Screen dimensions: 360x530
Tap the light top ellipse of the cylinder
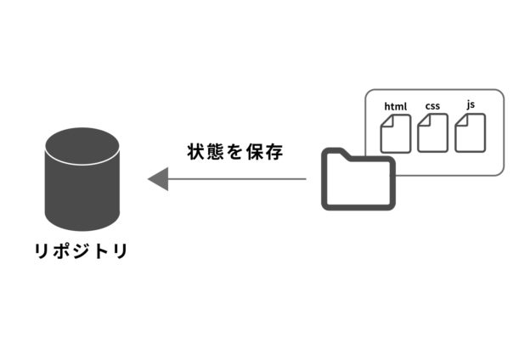click(x=81, y=146)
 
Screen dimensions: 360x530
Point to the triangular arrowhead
click(x=158, y=179)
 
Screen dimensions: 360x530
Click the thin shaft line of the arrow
click(x=238, y=179)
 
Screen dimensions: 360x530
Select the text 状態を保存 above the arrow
click(x=234, y=153)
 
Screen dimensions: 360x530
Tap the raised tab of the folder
click(x=335, y=154)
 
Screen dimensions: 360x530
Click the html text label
click(x=396, y=106)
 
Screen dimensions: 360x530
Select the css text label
click(x=432, y=105)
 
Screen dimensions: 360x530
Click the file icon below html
click(x=396, y=133)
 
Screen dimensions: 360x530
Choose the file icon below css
click(x=432, y=132)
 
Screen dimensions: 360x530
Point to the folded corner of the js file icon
click(x=460, y=120)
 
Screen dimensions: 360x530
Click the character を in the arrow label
click(x=234, y=153)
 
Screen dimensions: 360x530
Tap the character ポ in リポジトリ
click(x=62, y=251)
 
